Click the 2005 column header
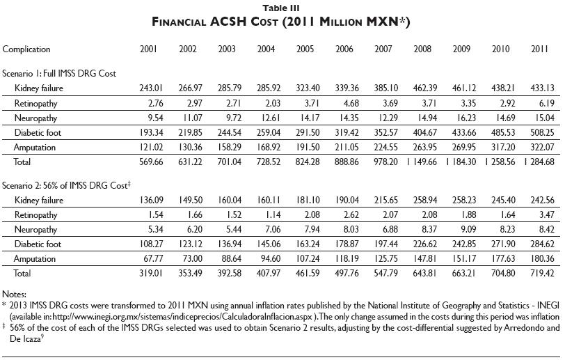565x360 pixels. click(x=304, y=49)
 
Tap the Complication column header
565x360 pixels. click(x=26, y=49)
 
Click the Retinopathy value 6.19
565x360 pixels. click(x=542, y=104)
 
